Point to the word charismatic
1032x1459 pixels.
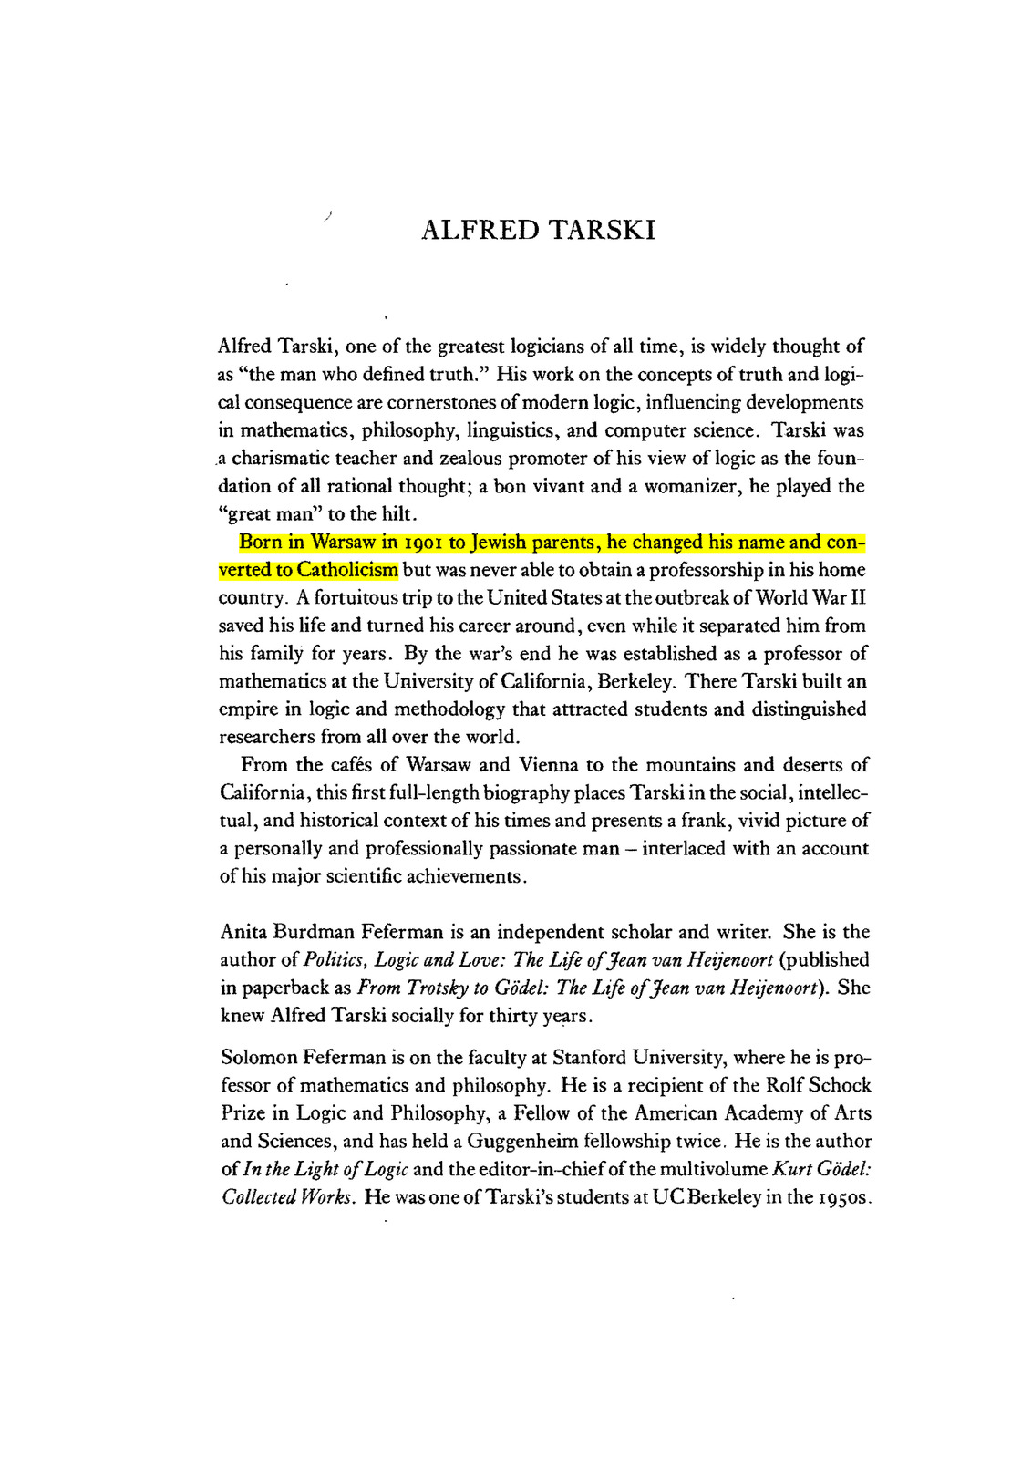pyautogui.click(x=284, y=458)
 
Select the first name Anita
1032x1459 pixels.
pyautogui.click(x=243, y=932)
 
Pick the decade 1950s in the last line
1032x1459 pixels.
pyautogui.click(x=844, y=1197)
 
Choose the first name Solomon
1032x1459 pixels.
pyautogui.click(x=257, y=1058)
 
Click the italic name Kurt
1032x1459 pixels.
pyautogui.click(x=793, y=1169)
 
